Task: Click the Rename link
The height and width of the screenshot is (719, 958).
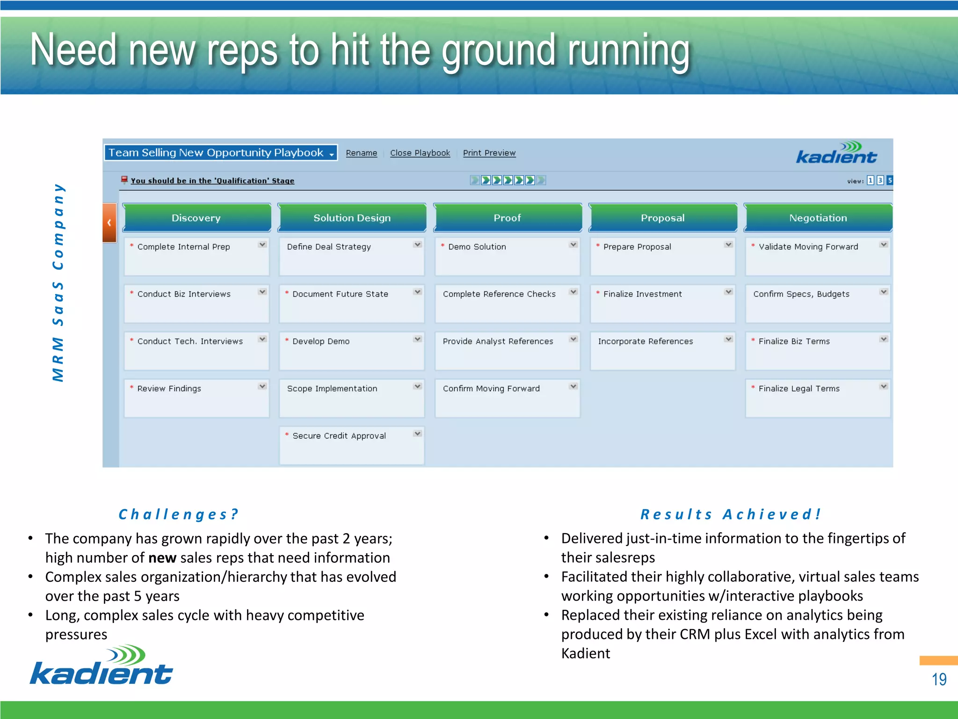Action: coord(361,153)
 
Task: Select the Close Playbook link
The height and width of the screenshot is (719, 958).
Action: coord(420,153)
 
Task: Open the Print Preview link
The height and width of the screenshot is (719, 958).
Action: coord(489,153)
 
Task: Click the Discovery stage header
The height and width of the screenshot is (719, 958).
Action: coord(196,218)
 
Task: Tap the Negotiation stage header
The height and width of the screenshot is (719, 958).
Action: coord(818,218)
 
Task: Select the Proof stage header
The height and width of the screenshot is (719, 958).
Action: coord(507,218)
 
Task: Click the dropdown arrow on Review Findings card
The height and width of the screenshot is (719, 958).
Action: coord(262,386)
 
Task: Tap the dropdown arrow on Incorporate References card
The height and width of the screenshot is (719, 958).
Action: coord(728,339)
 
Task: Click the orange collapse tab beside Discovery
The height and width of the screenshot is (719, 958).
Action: coord(109,222)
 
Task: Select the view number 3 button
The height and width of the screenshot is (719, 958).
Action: coord(880,180)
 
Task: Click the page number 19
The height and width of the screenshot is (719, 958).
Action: coord(939,679)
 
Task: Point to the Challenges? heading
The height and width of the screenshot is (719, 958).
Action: coord(178,514)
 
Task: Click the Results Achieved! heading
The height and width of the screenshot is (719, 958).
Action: coord(730,514)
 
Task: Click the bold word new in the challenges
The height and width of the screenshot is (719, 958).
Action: coord(162,558)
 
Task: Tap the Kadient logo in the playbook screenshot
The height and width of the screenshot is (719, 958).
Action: coord(836,153)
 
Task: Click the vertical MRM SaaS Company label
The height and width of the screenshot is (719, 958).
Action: coord(58,282)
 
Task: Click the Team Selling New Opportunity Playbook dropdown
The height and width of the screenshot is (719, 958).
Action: coord(220,153)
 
